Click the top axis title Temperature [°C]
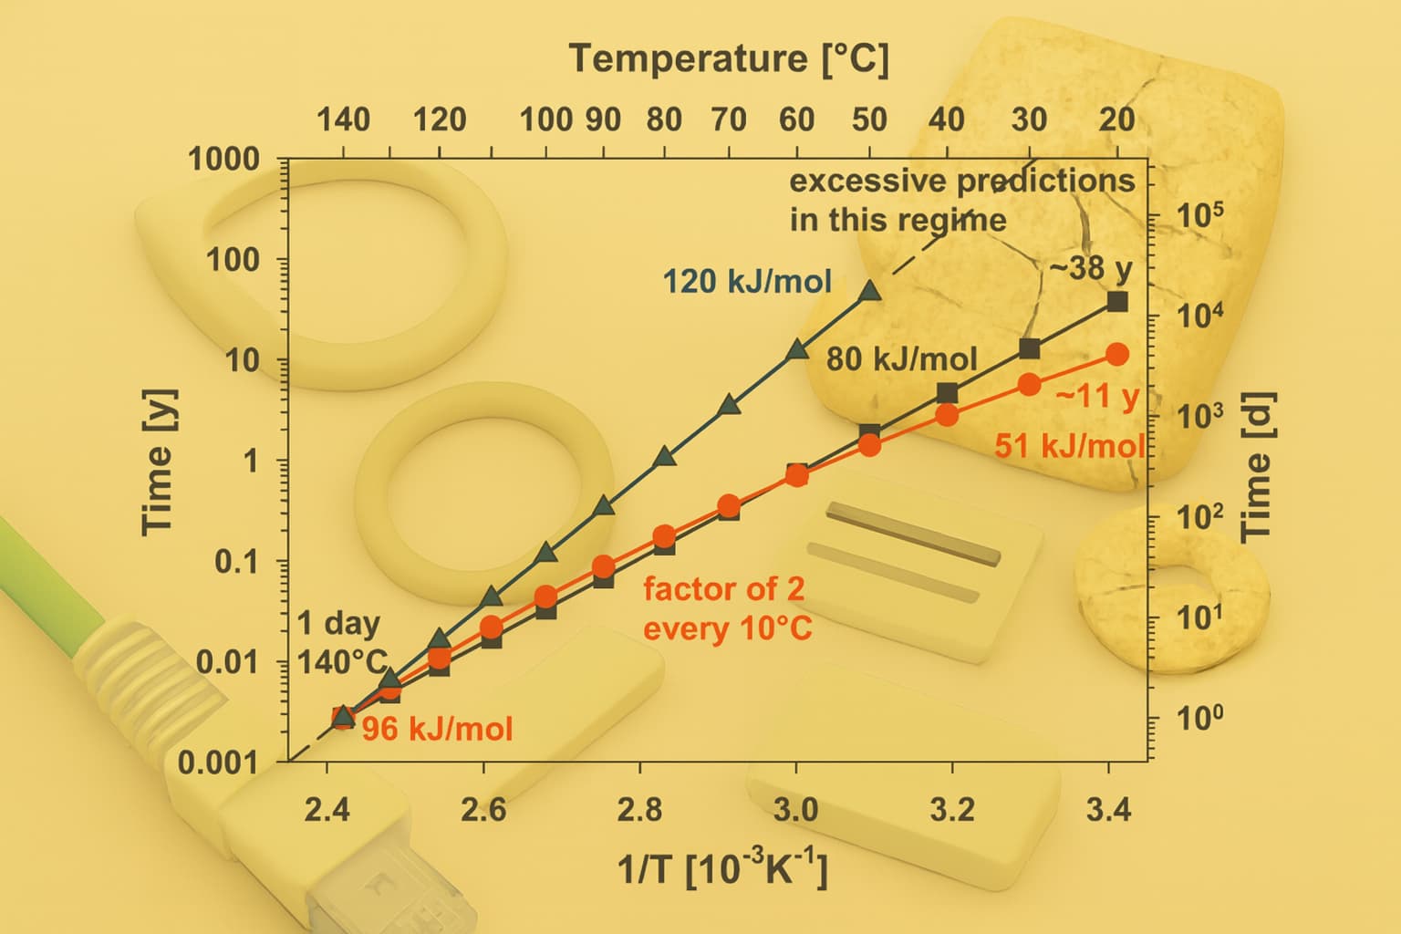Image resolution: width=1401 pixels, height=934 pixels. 729,59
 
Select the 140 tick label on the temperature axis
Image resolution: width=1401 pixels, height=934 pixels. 343,119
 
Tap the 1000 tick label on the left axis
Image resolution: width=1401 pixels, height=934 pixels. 224,160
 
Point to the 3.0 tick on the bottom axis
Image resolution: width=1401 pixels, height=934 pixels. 796,809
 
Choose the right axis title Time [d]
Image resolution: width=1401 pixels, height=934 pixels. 1257,465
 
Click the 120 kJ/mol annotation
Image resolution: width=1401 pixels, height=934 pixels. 747,282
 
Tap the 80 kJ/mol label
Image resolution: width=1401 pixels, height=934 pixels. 901,359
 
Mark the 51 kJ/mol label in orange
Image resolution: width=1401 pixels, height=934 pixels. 1069,446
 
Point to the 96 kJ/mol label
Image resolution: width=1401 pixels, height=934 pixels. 437,730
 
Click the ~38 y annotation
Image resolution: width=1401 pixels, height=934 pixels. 1090,268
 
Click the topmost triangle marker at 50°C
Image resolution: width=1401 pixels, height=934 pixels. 869,291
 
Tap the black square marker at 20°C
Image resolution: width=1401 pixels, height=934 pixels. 1117,302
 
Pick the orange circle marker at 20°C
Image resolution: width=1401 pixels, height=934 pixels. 1117,354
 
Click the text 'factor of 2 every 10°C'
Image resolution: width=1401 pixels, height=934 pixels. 727,608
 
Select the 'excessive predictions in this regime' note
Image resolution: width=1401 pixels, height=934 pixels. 961,200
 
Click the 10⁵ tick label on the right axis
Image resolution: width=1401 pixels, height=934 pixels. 1199,215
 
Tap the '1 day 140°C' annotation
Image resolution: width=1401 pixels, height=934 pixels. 342,642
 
